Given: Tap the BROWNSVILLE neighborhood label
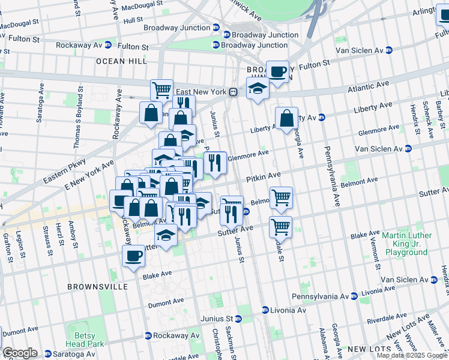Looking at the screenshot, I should tap(97, 287).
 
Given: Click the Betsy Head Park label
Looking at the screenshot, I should tap(85, 340).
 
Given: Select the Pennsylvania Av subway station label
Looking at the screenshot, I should tap(320, 296).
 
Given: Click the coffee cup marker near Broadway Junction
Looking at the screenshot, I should tap(277, 72).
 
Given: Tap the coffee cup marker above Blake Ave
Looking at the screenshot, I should tap(133, 256).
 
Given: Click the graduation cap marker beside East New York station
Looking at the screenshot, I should tap(258, 89).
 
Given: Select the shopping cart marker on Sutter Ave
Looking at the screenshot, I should tap(280, 227).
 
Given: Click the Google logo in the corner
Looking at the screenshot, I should tap(20, 353).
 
